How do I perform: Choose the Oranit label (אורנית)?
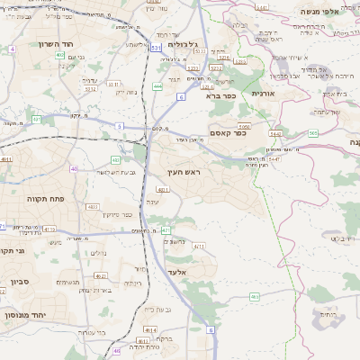pyautogui.click(x=262, y=93)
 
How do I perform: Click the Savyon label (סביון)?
pyautogui.click(x=20, y=283)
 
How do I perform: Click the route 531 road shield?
pyautogui.click(x=156, y=47)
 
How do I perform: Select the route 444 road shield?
pyautogui.click(x=157, y=86)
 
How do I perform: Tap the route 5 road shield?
pyautogui.click(x=119, y=126)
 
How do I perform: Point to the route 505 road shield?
pyautogui.click(x=312, y=133)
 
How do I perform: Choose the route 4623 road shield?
pyautogui.click(x=93, y=206)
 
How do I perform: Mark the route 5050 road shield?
pyautogui.click(x=243, y=126)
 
